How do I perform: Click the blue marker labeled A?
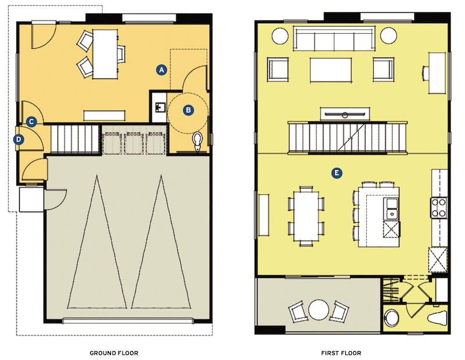coord(162,70)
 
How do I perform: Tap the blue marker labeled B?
coord(188,109)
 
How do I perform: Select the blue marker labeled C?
coord(32,122)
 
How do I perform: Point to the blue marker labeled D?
coord(19,139)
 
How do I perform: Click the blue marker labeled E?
coord(335,173)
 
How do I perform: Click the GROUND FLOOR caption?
coord(114,353)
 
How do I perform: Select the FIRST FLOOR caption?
coord(341,353)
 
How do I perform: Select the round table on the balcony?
coord(319,309)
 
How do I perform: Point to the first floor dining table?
coord(306,213)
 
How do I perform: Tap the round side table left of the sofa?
coord(280,37)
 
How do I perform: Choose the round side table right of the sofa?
coord(388,37)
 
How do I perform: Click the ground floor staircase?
coord(76,140)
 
